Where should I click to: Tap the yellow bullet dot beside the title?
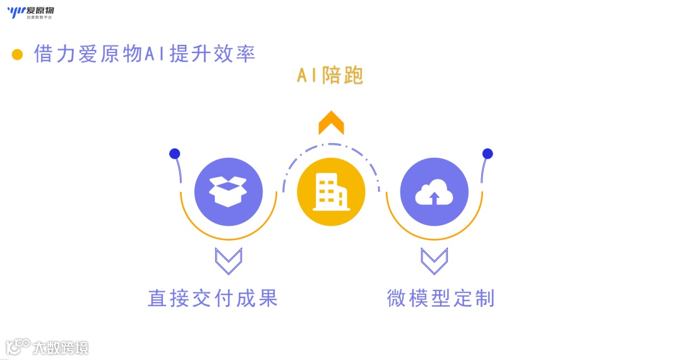point(17,54)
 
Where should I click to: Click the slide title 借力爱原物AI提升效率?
point(145,54)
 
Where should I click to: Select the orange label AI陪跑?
point(330,76)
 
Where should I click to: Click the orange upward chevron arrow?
point(331,123)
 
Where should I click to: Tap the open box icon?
point(228,191)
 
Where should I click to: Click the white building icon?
point(331,191)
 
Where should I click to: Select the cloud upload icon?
point(434,191)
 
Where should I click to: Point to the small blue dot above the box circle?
point(175,153)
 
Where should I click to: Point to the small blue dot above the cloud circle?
point(488,153)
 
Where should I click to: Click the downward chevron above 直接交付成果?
point(228,260)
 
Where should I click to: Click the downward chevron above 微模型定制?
point(434,260)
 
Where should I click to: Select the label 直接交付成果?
point(213,298)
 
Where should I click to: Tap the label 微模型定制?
point(440,298)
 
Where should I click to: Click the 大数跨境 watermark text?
point(61,347)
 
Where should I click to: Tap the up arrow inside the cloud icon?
point(434,198)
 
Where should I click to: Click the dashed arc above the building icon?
point(331,146)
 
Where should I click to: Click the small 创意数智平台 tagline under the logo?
point(39,17)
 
